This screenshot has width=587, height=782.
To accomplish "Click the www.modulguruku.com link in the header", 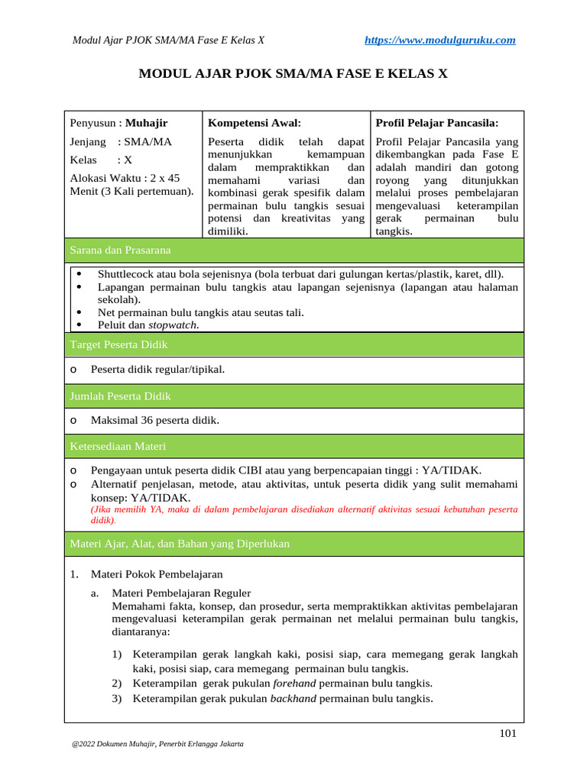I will (440, 40).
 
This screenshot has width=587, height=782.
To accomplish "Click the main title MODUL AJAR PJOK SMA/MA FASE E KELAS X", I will (293, 74).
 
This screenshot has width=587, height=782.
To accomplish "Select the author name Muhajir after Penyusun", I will (147, 122).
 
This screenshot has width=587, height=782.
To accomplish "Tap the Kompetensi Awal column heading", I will (255, 122).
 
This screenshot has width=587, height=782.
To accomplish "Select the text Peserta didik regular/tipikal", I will (157, 370).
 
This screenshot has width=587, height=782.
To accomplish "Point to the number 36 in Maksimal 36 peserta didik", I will (146, 421).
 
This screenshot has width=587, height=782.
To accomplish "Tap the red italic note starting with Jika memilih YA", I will (303, 514).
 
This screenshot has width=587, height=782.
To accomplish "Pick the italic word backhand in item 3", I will (294, 699).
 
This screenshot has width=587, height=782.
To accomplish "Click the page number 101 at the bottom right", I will (508, 734).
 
